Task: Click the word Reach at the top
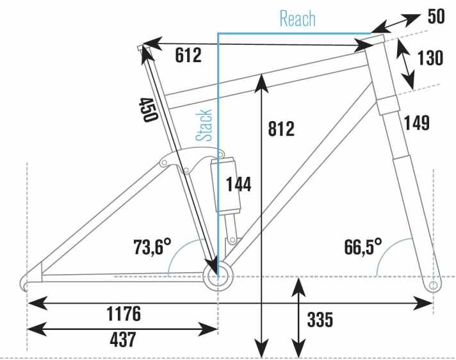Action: pyautogui.click(x=298, y=19)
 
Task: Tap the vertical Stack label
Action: pyautogui.click(x=204, y=124)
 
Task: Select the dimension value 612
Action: pyautogui.click(x=188, y=56)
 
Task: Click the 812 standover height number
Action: pyautogui.click(x=281, y=129)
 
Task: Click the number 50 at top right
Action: pyautogui.click(x=436, y=17)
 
